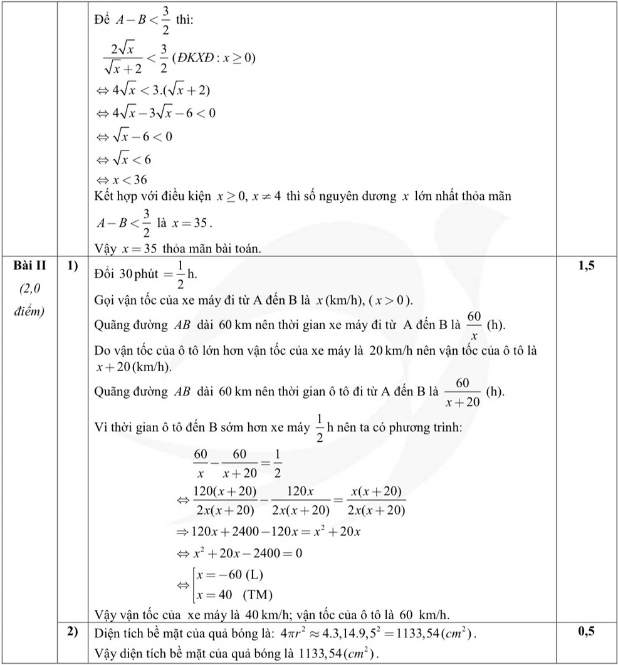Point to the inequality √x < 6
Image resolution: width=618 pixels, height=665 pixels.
point(132,159)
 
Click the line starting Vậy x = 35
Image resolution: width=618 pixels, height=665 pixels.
point(175,248)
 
